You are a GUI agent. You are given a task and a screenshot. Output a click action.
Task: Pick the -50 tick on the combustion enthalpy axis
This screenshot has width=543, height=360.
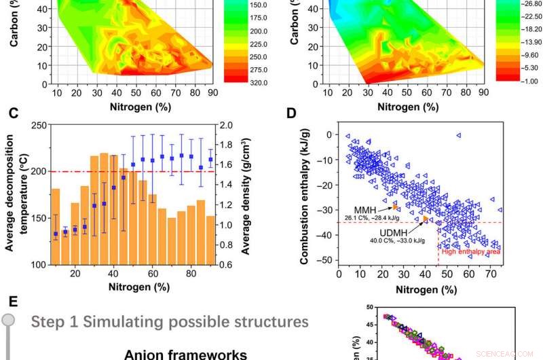pyautogui.click(x=326, y=261)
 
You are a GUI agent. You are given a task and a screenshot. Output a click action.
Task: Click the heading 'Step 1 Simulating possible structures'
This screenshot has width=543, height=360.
pyautogui.click(x=170, y=321)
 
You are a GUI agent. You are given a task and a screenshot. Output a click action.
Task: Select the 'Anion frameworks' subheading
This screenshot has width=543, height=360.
pyautogui.click(x=183, y=354)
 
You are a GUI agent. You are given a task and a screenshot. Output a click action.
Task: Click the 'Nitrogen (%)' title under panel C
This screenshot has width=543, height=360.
pyautogui.click(x=134, y=287)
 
